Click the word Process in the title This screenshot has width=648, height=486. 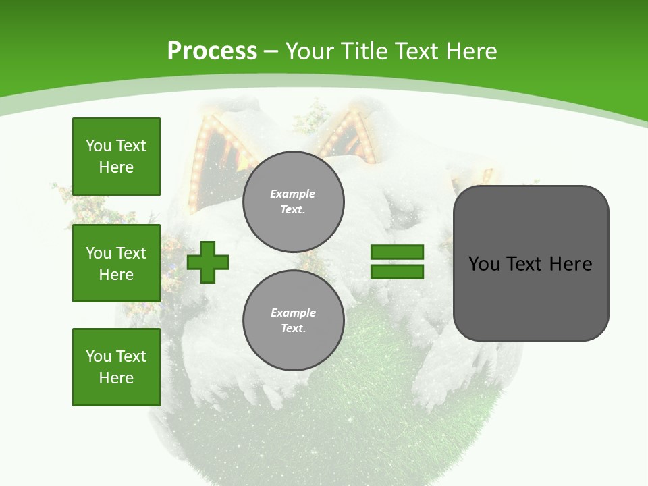(212, 51)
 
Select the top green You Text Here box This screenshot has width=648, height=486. (116, 157)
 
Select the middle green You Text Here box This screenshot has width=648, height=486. (116, 263)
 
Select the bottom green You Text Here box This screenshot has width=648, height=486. (116, 367)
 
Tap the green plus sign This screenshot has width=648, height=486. (208, 262)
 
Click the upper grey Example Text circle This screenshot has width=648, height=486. (293, 202)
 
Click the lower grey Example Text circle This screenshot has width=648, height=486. (293, 321)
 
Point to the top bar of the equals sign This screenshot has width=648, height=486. (397, 252)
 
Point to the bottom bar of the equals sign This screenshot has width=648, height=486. (397, 271)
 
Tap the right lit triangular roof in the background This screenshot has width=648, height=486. (348, 138)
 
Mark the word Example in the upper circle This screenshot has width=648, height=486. (293, 194)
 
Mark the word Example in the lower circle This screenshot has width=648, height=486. (293, 313)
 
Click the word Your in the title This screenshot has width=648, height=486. (310, 51)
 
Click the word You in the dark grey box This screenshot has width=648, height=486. (484, 264)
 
